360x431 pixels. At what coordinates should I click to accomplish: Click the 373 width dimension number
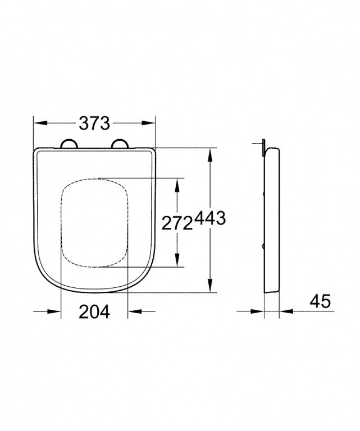pyautogui.click(x=94, y=123)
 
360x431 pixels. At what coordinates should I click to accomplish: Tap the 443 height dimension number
pyautogui.click(x=210, y=219)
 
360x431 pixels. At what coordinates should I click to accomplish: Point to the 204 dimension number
pyautogui.click(x=94, y=312)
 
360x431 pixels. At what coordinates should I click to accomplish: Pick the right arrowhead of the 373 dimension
pyautogui.click(x=150, y=123)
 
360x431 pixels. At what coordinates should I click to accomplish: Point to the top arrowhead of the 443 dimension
pyautogui.click(x=210, y=153)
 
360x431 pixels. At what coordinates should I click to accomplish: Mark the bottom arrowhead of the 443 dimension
pyautogui.click(x=210, y=287)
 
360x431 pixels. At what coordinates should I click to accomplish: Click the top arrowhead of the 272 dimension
pyautogui.click(x=178, y=183)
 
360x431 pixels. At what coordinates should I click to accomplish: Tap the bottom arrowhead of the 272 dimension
pyautogui.click(x=178, y=263)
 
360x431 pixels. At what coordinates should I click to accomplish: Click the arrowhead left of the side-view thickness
pyautogui.click(x=260, y=311)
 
